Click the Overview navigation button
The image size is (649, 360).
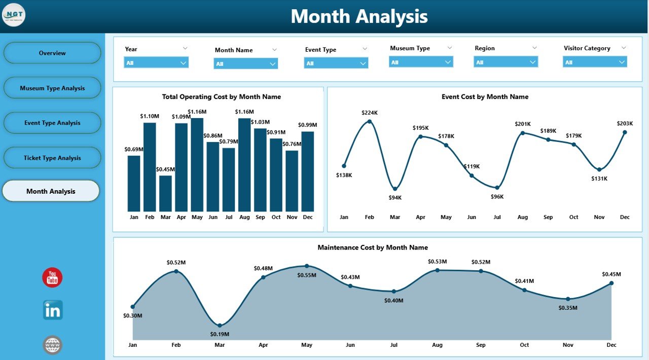(52, 53)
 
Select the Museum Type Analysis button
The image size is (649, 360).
(52, 88)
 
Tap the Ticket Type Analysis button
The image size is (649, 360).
(52, 158)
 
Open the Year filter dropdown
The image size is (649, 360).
(156, 63)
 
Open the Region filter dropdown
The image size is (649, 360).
(506, 62)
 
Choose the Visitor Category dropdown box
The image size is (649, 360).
(595, 62)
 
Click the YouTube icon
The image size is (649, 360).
(52, 277)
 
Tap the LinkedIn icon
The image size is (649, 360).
(52, 310)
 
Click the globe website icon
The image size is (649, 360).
(52, 345)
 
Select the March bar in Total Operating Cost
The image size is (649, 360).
(166, 193)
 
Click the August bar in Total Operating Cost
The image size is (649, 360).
(244, 165)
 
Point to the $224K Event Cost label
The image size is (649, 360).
(369, 113)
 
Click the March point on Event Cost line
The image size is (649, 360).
(395, 189)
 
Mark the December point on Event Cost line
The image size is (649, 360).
(625, 132)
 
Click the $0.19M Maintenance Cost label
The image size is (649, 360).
(220, 334)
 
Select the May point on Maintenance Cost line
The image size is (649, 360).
(307, 266)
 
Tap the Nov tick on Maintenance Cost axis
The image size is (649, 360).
(568, 345)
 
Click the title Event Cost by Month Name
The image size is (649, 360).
(485, 97)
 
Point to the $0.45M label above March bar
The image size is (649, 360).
(166, 169)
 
